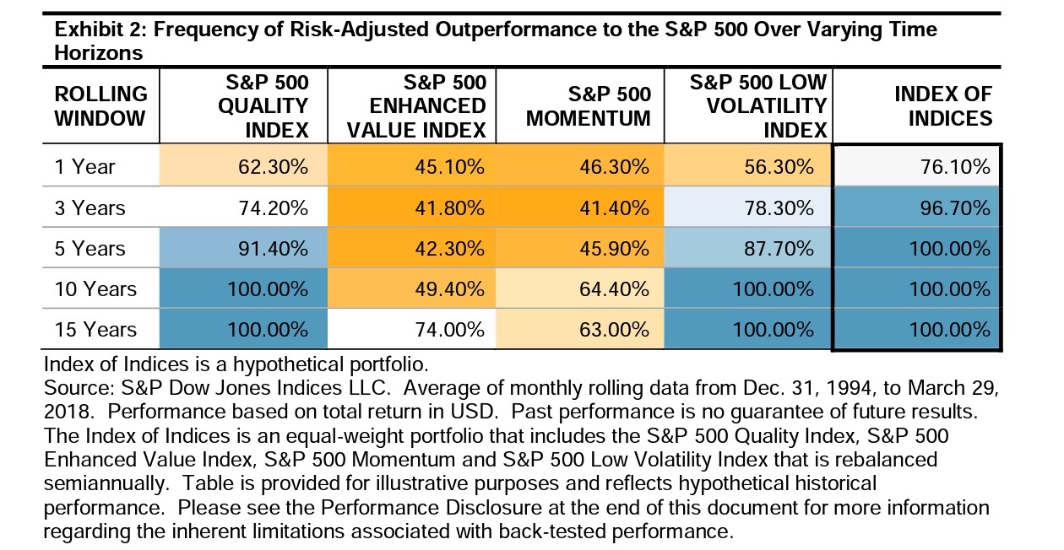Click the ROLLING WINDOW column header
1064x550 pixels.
[x=100, y=106]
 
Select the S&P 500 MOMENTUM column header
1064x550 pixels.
[x=588, y=106]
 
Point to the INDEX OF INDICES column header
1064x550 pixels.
[x=942, y=106]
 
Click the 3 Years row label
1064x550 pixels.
[x=89, y=208]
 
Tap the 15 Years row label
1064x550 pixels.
[x=94, y=329]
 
